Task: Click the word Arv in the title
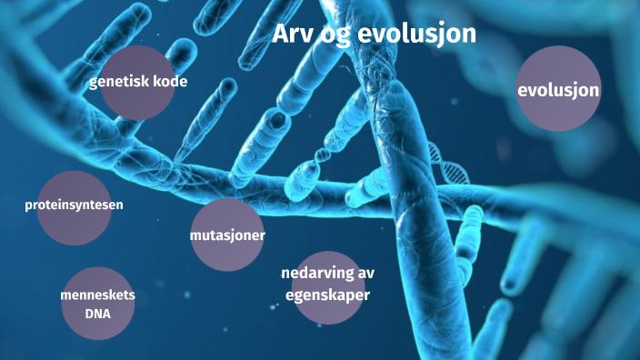point(292,35)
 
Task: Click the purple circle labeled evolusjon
point(558,89)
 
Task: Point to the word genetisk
point(119,82)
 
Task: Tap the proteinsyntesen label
point(74,205)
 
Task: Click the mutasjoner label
point(227,235)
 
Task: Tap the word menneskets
point(97,296)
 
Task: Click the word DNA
point(97,315)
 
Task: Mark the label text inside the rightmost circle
point(558,90)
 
